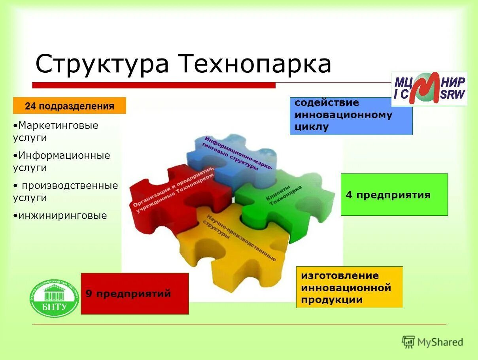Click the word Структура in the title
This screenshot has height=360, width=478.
coord(102,64)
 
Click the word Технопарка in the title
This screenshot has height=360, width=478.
coord(255,64)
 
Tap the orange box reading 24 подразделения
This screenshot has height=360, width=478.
coord(70,106)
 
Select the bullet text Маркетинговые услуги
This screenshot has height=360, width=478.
coord(55,132)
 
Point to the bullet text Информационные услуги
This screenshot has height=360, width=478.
coord(61,162)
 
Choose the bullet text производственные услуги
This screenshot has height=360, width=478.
coord(66,192)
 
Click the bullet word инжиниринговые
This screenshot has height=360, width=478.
coord(60,216)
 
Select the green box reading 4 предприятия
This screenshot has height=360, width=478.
coord(394,195)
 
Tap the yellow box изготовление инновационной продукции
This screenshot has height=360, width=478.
coord(349,287)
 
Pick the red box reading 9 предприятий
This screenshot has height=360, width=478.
coord(134,294)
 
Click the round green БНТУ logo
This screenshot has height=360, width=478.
coord(55,298)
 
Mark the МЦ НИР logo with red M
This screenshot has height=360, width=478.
coord(429,89)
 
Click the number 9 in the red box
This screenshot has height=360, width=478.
coord(89,294)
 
